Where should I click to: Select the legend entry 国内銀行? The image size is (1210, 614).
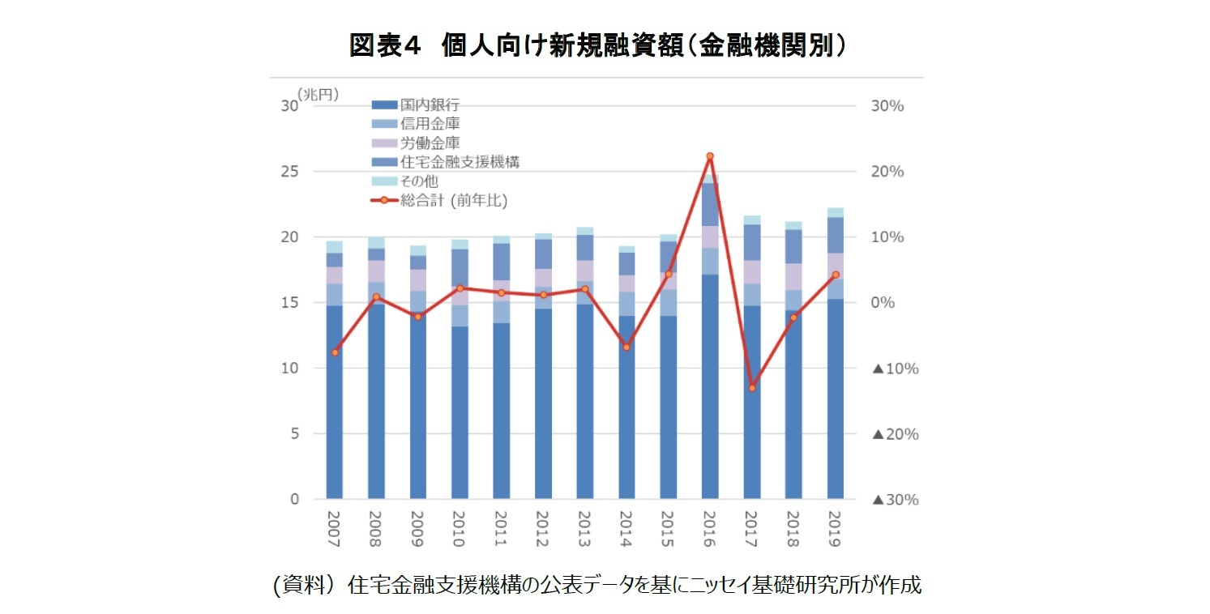coord(430,105)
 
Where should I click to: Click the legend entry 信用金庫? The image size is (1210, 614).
coord(430,124)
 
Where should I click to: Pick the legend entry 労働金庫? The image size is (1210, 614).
coord(430,143)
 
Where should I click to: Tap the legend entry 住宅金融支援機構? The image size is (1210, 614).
coord(459,162)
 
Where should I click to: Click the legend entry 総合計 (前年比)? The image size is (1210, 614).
coord(453,200)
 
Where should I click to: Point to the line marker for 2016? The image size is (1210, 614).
coord(710,156)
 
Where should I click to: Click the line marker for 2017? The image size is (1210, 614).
coord(751,388)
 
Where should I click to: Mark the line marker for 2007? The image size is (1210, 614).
coord(335,352)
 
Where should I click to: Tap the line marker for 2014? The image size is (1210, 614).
coord(626,347)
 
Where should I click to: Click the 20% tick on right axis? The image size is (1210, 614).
coord(888,172)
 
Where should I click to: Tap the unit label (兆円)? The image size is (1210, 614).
coord(317,95)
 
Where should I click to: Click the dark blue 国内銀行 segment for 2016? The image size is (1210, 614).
coord(710,389)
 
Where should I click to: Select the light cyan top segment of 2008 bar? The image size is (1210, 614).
coord(376,243)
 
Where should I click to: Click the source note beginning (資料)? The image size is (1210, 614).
coord(597,585)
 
